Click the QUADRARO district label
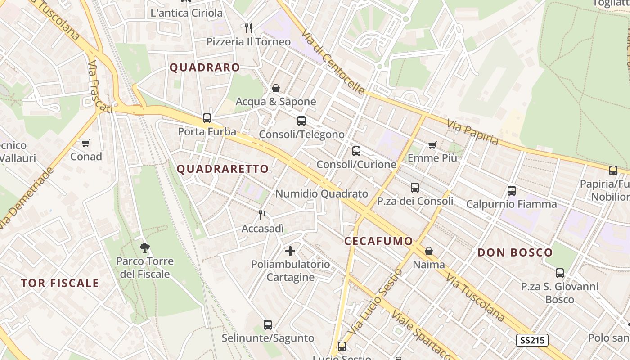pos(205,67)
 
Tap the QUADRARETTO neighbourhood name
pos(223,169)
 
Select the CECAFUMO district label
pos(378,241)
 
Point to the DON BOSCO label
pos(515,252)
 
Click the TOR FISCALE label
pos(60,283)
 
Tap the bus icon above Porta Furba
pos(207,118)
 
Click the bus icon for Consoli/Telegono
pos(301,121)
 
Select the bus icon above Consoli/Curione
pos(356,151)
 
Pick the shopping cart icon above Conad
pos(86,144)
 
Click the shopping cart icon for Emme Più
pos(432,145)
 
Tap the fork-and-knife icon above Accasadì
pos(263,215)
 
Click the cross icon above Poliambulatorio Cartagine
pos(290,251)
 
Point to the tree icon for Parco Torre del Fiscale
pos(144,247)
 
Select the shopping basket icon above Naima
pos(429,251)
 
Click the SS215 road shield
pos(532,340)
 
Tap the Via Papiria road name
pos(473,132)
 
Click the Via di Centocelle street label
pos(333,62)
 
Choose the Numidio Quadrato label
pos(322,194)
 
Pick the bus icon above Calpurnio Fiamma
pos(512,190)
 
